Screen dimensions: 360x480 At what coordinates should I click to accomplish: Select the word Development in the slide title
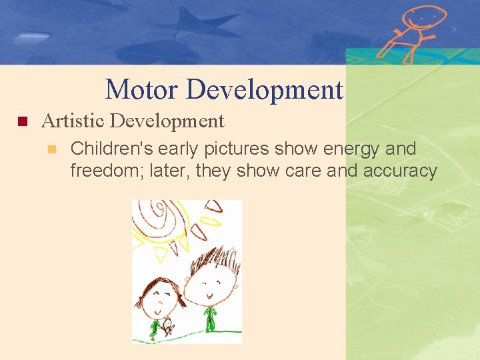pyautogui.click(x=265, y=89)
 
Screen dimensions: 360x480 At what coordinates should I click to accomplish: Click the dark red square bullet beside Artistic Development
pyautogui.click(x=21, y=122)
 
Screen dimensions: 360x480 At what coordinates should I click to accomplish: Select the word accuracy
pyautogui.click(x=400, y=171)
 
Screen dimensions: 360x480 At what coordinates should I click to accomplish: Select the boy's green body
pyautogui.click(x=210, y=319)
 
